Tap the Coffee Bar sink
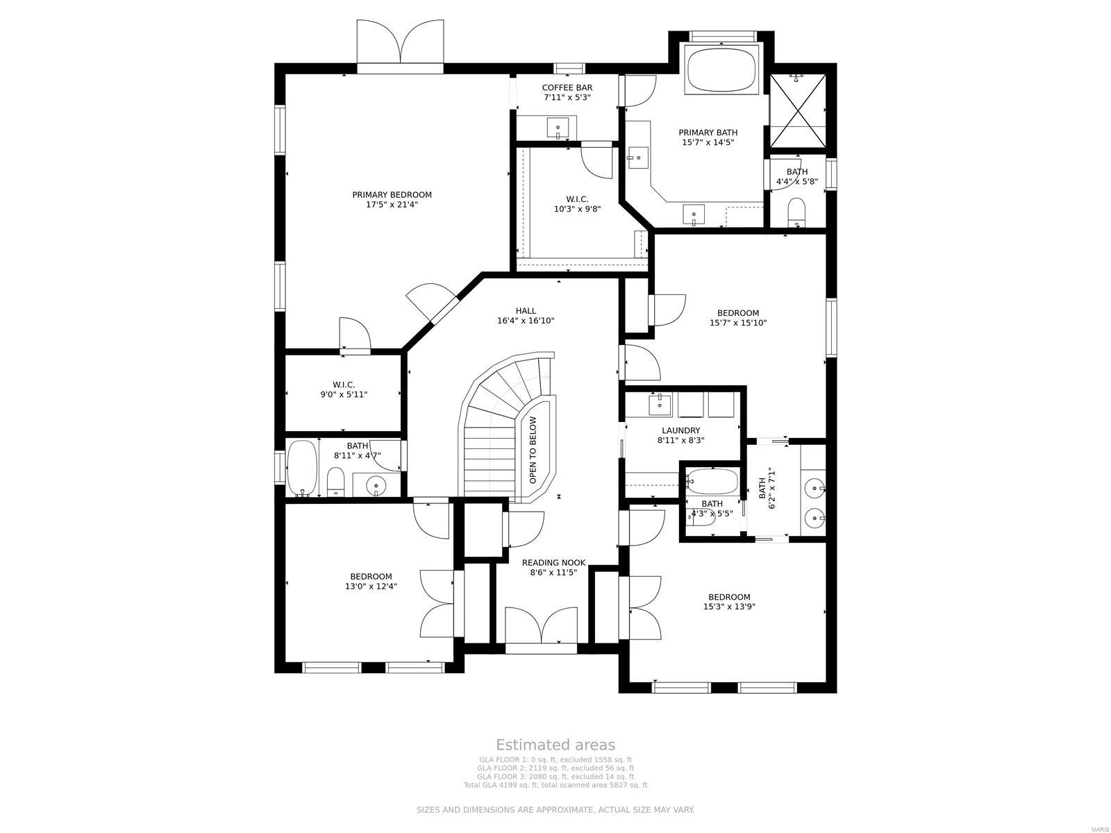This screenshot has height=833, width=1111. [558, 128]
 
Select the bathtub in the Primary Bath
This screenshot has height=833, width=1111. [722, 69]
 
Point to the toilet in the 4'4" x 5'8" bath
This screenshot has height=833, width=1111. [796, 212]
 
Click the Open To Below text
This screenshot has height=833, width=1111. [533, 451]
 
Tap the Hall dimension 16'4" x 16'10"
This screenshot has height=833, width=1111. [526, 321]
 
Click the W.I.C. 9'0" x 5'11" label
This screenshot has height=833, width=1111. [344, 389]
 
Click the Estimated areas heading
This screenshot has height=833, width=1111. [555, 745]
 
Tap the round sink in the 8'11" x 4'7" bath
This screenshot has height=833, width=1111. [376, 485]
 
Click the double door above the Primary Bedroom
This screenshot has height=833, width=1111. [400, 45]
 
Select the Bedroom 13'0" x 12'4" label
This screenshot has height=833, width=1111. [371, 581]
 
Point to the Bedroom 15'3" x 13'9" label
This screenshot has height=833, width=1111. [729, 601]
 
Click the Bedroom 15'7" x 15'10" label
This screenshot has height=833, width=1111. [737, 317]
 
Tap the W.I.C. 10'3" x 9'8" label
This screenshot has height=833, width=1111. [576, 204]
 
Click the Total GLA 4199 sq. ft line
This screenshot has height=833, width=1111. [555, 785]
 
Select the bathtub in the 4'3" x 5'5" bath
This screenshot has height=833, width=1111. [712, 480]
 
